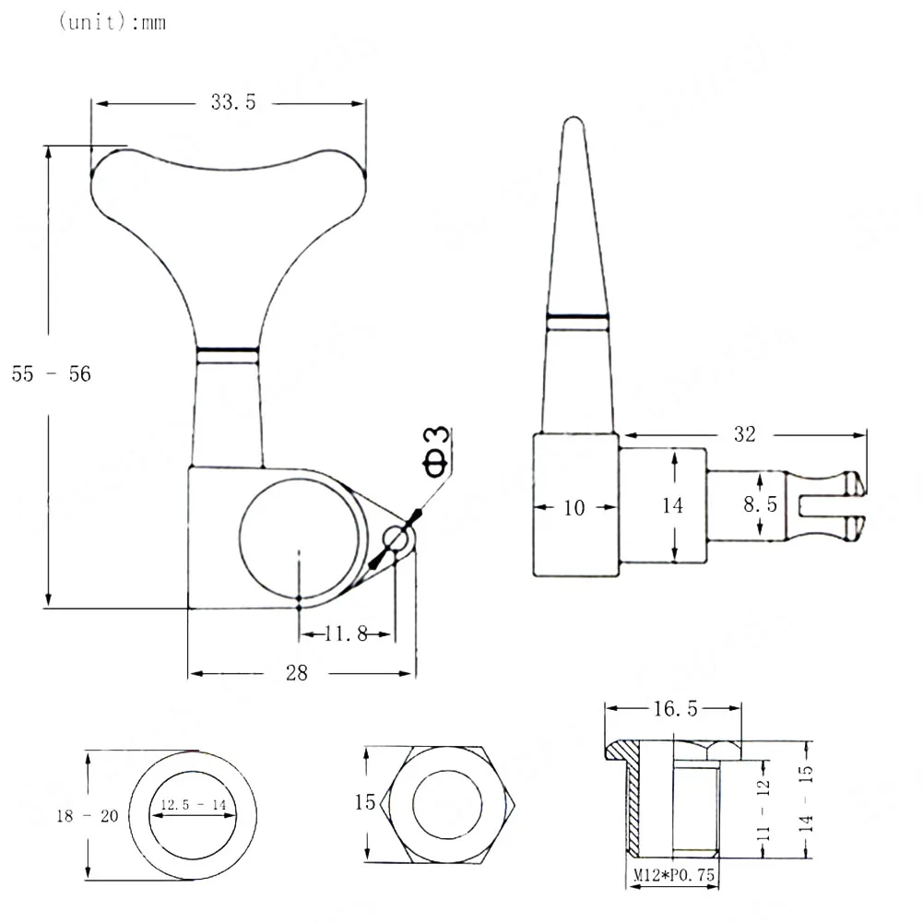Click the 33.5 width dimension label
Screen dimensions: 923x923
(233, 102)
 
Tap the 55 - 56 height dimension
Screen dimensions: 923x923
(52, 373)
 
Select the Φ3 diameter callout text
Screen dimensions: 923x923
(436, 452)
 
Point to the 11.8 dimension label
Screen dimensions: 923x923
(346, 634)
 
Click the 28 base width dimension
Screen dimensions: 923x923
(297, 673)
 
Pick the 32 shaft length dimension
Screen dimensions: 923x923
(745, 434)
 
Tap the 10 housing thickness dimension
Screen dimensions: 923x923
(574, 508)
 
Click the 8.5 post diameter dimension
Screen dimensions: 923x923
(760, 504)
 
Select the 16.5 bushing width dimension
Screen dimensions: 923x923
(675, 709)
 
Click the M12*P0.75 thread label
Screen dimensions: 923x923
(674, 875)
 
